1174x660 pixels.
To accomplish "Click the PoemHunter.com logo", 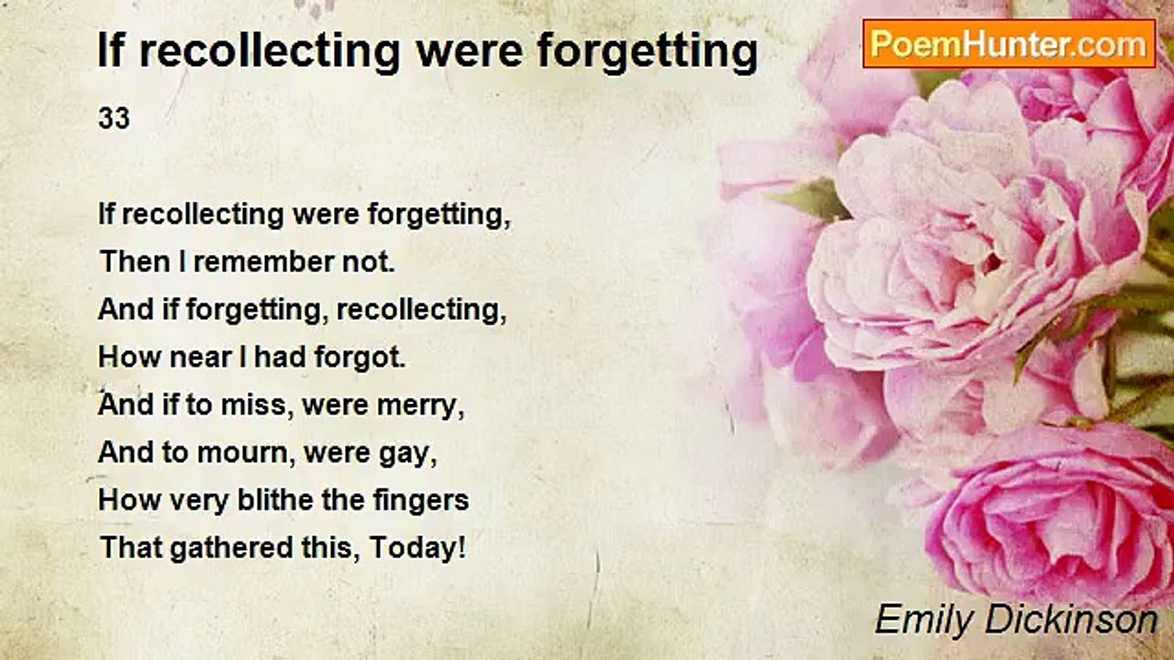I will [x=1009, y=43].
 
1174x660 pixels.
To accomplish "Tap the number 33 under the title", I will [x=114, y=119].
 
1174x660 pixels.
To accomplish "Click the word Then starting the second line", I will [x=135, y=262].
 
